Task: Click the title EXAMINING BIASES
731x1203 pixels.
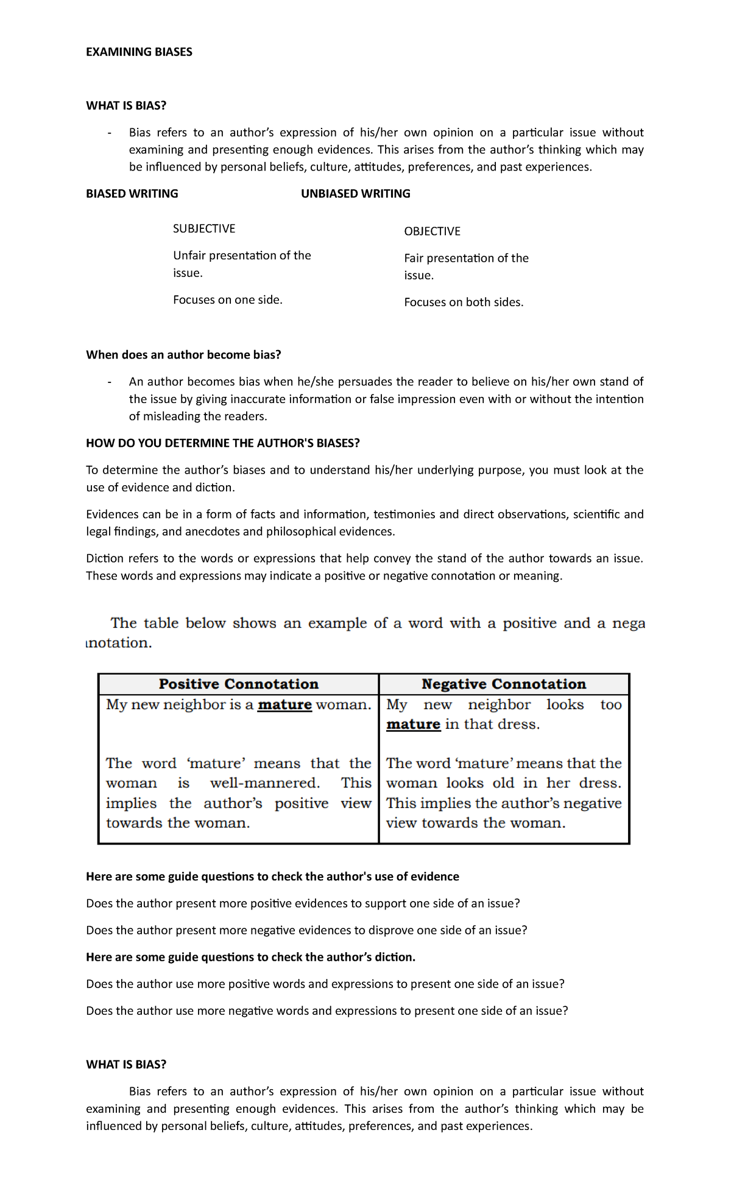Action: (139, 52)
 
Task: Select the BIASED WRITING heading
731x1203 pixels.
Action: (132, 194)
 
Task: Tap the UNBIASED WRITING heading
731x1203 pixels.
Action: (355, 194)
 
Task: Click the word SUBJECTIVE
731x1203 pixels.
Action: (204, 229)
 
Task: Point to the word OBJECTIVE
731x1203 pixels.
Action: (432, 231)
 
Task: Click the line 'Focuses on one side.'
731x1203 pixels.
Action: (228, 300)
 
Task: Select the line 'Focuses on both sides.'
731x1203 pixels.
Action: (464, 302)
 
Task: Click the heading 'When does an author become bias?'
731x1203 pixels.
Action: (183, 355)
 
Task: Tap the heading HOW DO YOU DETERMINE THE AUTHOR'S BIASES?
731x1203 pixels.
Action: (223, 443)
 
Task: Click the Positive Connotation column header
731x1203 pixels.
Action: (238, 684)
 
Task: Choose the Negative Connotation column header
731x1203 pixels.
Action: (504, 684)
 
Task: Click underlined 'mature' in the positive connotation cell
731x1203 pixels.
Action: (284, 705)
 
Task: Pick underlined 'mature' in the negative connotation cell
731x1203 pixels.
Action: (413, 724)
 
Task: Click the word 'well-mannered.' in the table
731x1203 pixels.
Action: (264, 783)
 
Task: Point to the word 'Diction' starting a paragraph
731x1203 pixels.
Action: (105, 558)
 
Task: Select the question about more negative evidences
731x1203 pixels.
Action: (306, 930)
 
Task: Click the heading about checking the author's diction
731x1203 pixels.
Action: (250, 957)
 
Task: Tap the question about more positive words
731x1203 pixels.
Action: (325, 984)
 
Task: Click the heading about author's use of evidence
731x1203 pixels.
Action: (272, 877)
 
